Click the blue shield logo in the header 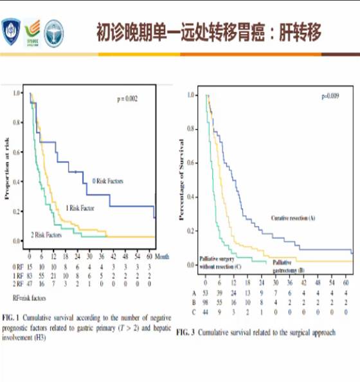pyautogui.click(x=12, y=29)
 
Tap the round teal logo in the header pyautogui.click(x=54, y=30)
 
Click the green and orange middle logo pyautogui.click(x=32, y=30)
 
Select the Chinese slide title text pyautogui.click(x=208, y=31)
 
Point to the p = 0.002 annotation pyautogui.click(x=127, y=99)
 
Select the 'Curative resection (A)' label pyautogui.click(x=292, y=219)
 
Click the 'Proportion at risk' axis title pyautogui.click(x=8, y=168)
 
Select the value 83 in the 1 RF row pyautogui.click(x=30, y=274)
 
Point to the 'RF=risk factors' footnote pyautogui.click(x=29, y=297)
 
